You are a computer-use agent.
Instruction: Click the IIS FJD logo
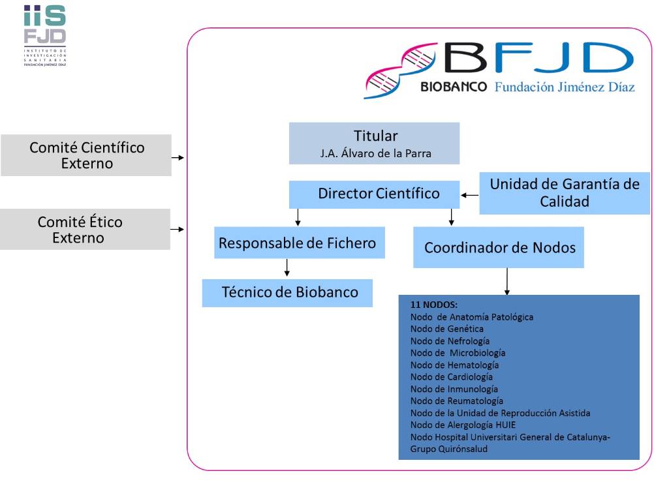(x=44, y=35)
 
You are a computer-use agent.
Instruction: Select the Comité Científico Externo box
(x=86, y=155)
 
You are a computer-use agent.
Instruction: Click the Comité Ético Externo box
(x=85, y=230)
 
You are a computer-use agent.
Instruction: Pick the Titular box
(x=375, y=144)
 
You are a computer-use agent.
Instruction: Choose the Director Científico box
(x=375, y=194)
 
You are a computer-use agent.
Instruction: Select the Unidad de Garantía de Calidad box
(x=565, y=193)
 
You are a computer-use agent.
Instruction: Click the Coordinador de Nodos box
(x=499, y=248)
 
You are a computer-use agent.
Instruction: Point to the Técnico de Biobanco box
(x=287, y=293)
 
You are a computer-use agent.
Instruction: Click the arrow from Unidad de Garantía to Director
(x=470, y=194)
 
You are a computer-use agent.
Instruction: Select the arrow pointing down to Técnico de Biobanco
(x=287, y=268)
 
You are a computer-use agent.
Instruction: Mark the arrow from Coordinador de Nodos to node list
(x=506, y=282)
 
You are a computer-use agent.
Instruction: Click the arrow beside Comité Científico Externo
(x=178, y=157)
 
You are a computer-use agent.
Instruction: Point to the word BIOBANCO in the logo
(x=454, y=87)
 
